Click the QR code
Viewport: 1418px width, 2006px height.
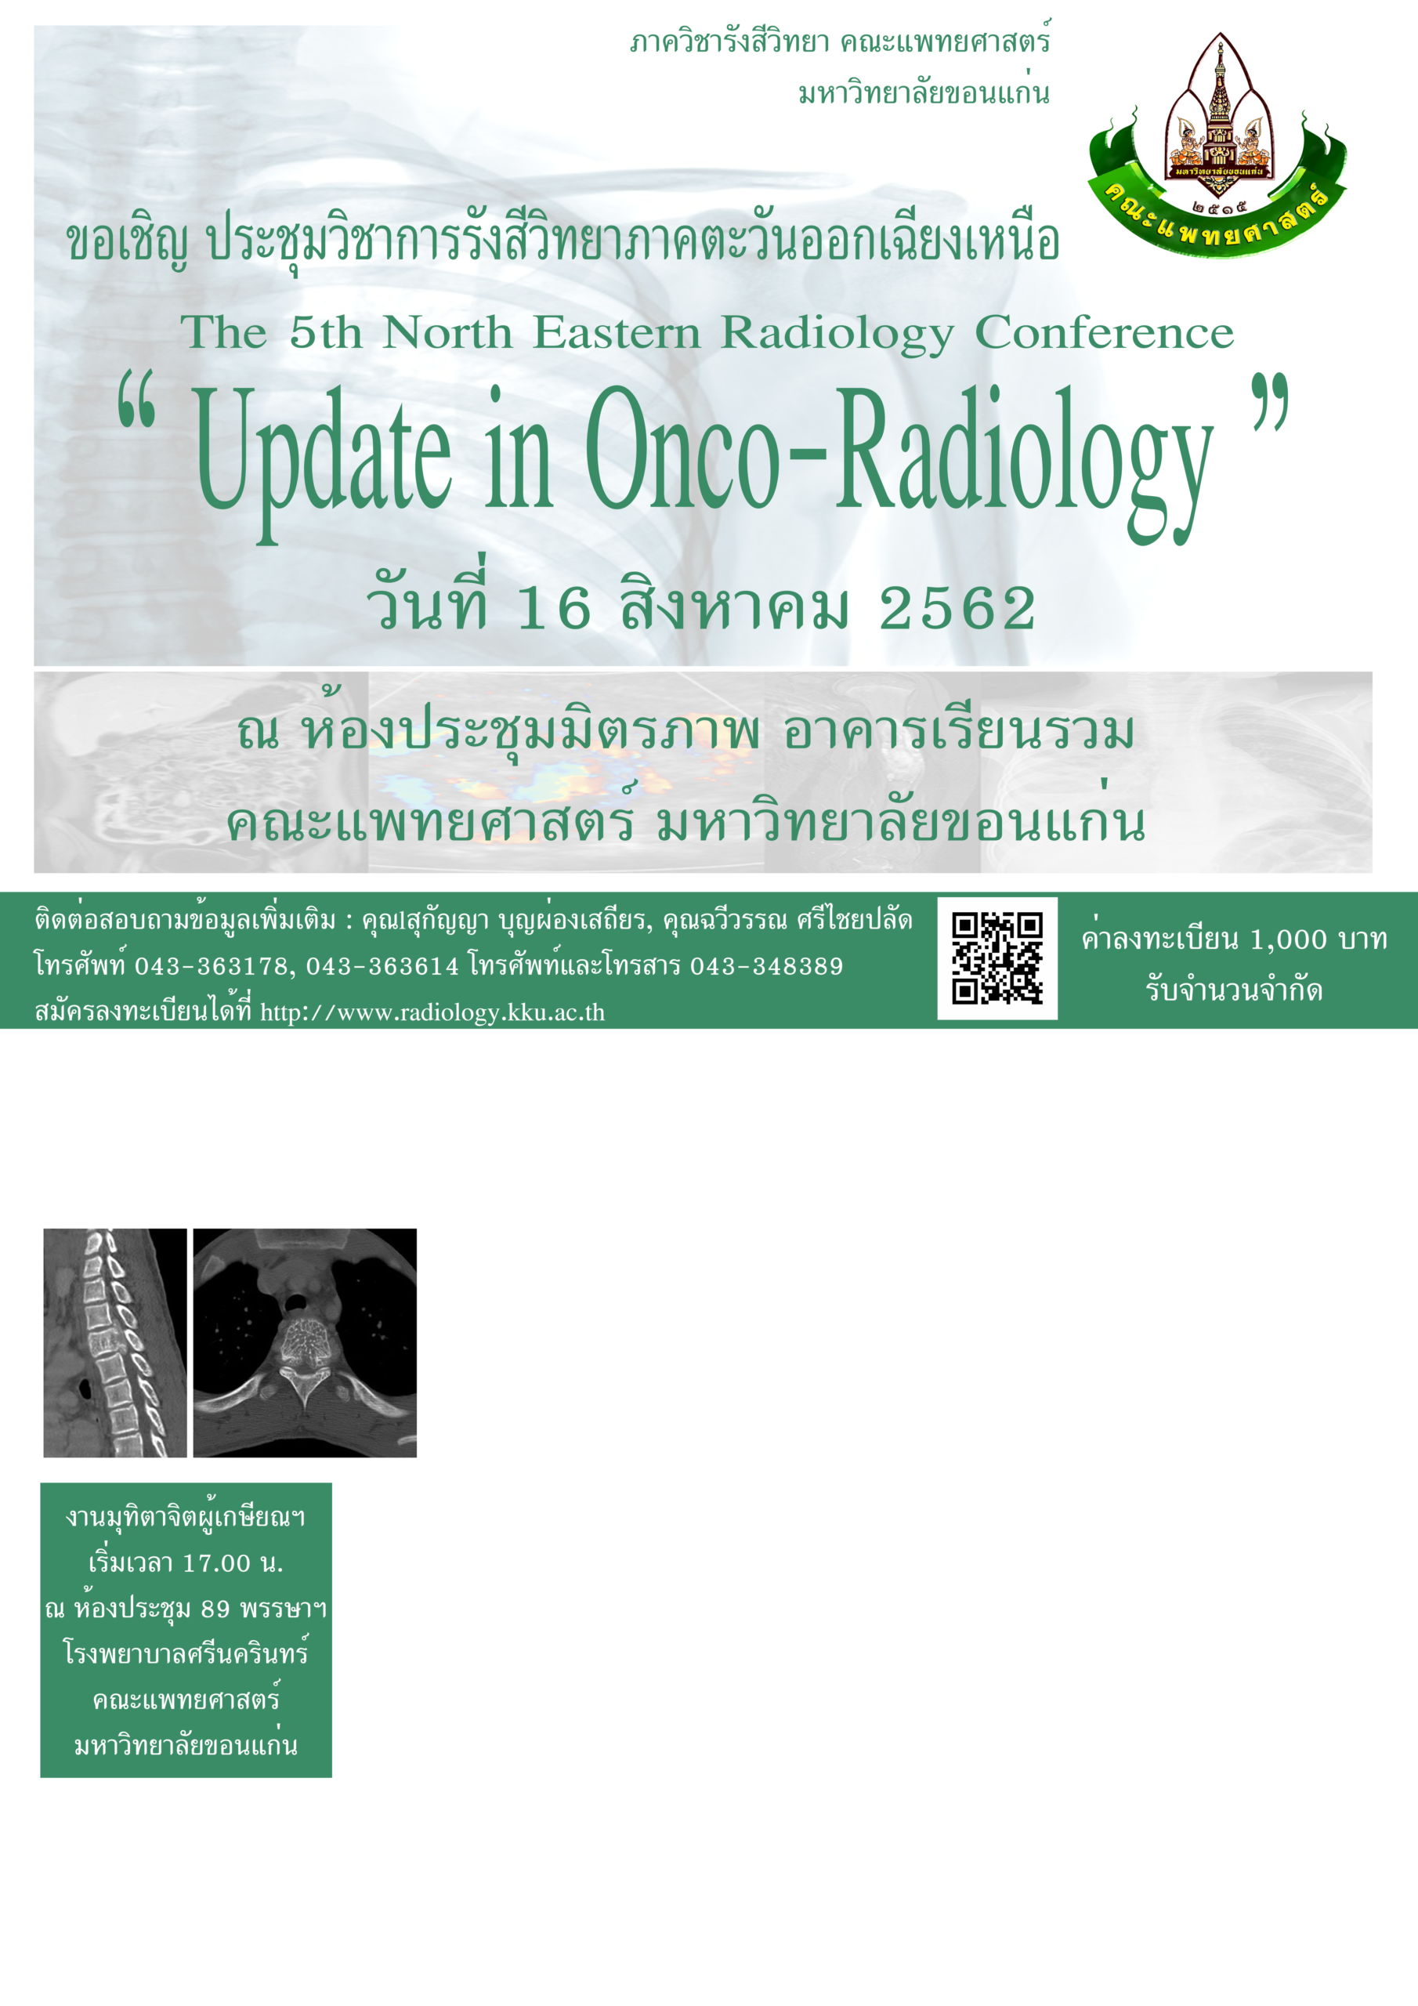pyautogui.click(x=997, y=958)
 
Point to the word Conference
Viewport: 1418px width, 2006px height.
pyautogui.click(x=1105, y=333)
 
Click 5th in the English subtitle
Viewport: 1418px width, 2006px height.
pyautogui.click(x=325, y=333)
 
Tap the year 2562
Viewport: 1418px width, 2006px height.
pyautogui.click(x=957, y=608)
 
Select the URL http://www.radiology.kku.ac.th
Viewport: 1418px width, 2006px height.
pyautogui.click(x=432, y=1012)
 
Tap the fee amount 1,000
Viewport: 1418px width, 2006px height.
pyautogui.click(x=1289, y=940)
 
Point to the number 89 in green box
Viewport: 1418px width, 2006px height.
pyautogui.click(x=215, y=1609)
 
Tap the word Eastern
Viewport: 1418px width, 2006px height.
pyautogui.click(x=617, y=333)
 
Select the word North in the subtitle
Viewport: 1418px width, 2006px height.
pyautogui.click(x=447, y=333)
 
